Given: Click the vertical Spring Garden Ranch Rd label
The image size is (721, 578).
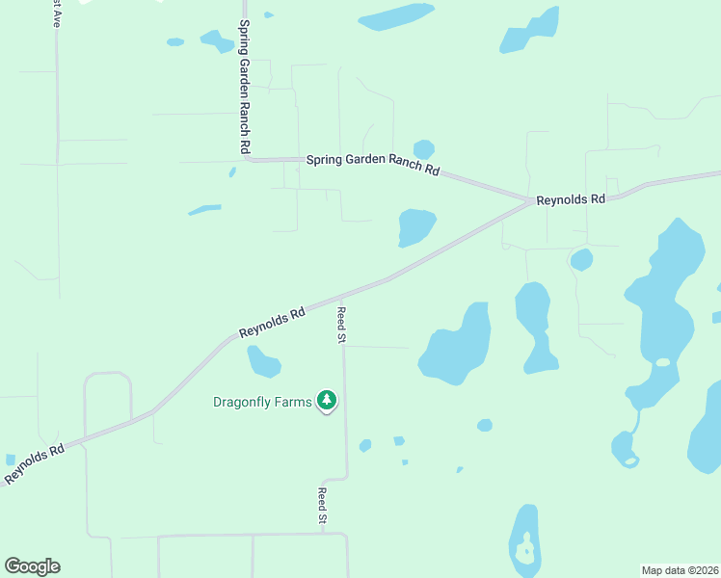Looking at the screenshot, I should (245, 87).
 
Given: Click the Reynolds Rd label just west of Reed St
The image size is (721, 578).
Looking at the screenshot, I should (272, 322).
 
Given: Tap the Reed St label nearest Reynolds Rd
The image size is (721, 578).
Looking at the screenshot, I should (340, 325).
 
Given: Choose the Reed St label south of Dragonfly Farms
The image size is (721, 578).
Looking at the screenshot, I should (323, 507).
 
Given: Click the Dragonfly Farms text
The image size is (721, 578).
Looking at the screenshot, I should (262, 402).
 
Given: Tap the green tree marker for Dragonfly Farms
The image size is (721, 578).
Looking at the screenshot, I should (327, 401).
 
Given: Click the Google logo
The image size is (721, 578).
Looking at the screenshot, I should (32, 566).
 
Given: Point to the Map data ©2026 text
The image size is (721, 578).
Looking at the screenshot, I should (680, 569).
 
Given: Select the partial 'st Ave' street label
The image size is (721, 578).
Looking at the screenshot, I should (56, 13).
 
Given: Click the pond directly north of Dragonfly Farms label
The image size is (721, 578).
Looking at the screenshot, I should (262, 362).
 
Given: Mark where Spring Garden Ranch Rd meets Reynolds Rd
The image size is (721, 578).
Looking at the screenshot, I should (531, 200).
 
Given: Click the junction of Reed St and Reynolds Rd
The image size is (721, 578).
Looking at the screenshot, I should (342, 296).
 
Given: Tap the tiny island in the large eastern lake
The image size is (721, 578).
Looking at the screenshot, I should (662, 362).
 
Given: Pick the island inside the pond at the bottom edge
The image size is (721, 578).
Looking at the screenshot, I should (526, 552).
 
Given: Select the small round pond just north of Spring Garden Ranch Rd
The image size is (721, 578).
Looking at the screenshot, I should (423, 149).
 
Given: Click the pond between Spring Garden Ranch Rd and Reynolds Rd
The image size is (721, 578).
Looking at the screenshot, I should (416, 227).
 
